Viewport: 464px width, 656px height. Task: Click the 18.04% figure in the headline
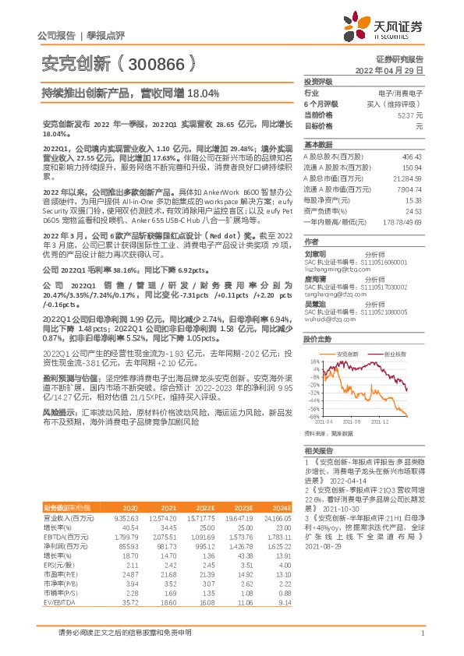(203, 93)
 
